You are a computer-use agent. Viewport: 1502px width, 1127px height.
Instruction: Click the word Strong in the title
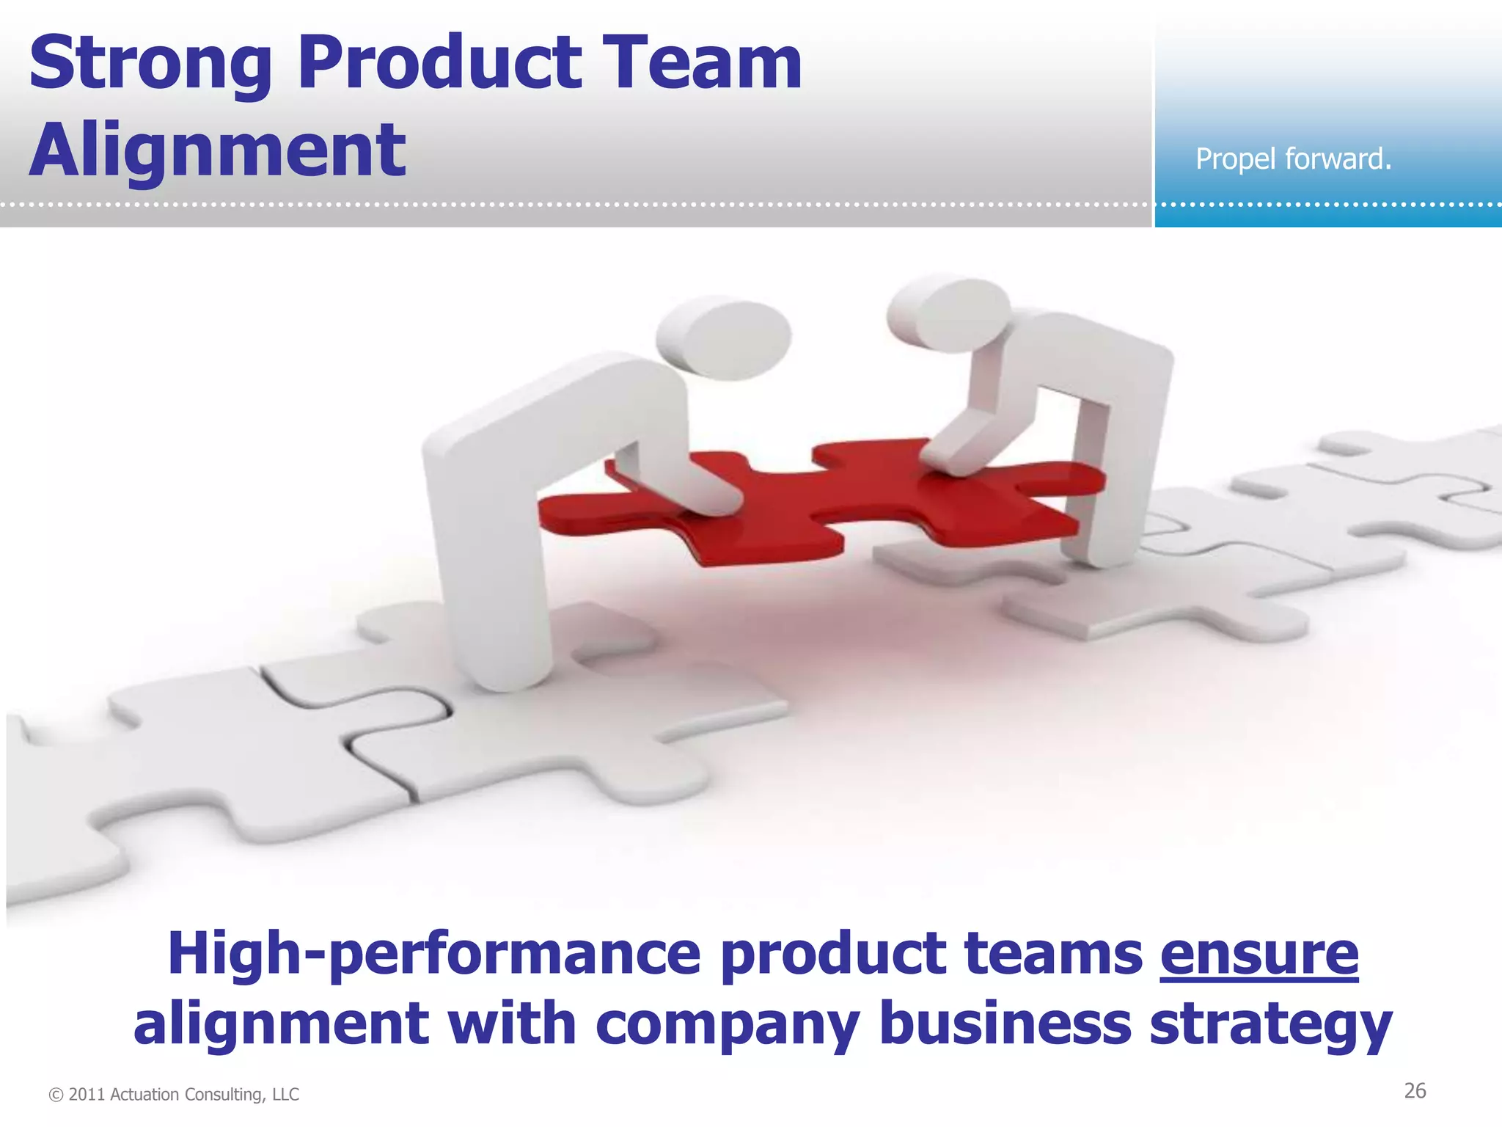coord(150,65)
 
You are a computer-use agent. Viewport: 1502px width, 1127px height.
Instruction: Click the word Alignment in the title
coord(217,150)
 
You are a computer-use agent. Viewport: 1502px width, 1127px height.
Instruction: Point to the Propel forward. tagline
coord(1293,158)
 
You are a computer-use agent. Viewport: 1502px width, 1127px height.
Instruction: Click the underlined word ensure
coord(1259,954)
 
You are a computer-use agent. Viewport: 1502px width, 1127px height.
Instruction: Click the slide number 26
coord(1415,1091)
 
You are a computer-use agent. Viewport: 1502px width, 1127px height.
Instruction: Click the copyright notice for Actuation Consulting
coord(174,1095)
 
